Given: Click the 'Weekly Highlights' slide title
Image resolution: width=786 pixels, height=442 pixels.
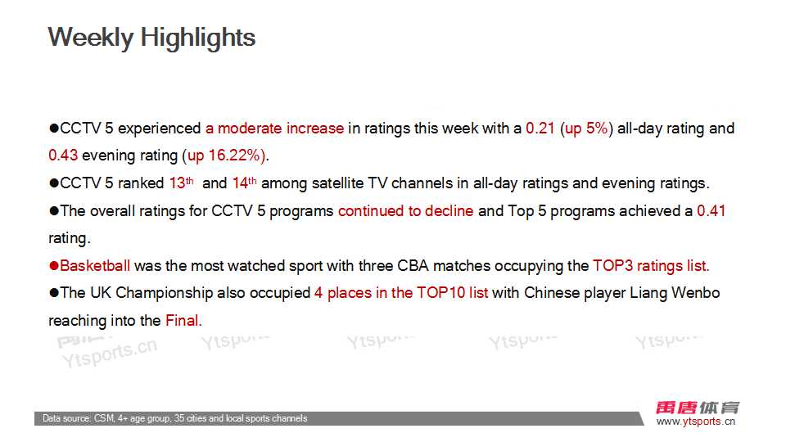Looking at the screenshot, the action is point(151,38).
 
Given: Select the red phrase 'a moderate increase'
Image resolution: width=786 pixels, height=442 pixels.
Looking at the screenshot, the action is point(275,129).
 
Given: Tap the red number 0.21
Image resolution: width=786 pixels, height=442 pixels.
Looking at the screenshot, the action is point(540,129).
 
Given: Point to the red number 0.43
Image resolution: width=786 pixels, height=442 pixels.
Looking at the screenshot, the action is point(63,156).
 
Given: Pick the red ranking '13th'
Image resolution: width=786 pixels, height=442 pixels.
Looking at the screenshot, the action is point(182,183).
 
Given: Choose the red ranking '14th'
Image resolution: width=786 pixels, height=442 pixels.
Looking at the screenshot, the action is point(245,183).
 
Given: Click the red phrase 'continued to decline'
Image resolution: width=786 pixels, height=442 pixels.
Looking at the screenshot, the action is point(405,210).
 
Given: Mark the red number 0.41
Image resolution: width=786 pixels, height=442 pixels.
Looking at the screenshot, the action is point(711,210).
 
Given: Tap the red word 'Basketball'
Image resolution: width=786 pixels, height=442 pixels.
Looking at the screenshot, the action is point(95,265).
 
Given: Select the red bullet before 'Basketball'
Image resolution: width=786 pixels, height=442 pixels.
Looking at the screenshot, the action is point(54,265).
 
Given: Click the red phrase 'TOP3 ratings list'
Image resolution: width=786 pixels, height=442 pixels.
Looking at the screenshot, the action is point(650,265).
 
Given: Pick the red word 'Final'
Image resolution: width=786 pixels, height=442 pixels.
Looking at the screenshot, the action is point(182,321).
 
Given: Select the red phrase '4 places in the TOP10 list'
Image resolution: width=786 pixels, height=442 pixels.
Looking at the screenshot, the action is point(401,293).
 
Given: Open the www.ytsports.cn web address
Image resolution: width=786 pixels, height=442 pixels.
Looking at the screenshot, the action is point(696,422).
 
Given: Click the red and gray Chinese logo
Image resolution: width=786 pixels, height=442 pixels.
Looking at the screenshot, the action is point(698,408).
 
